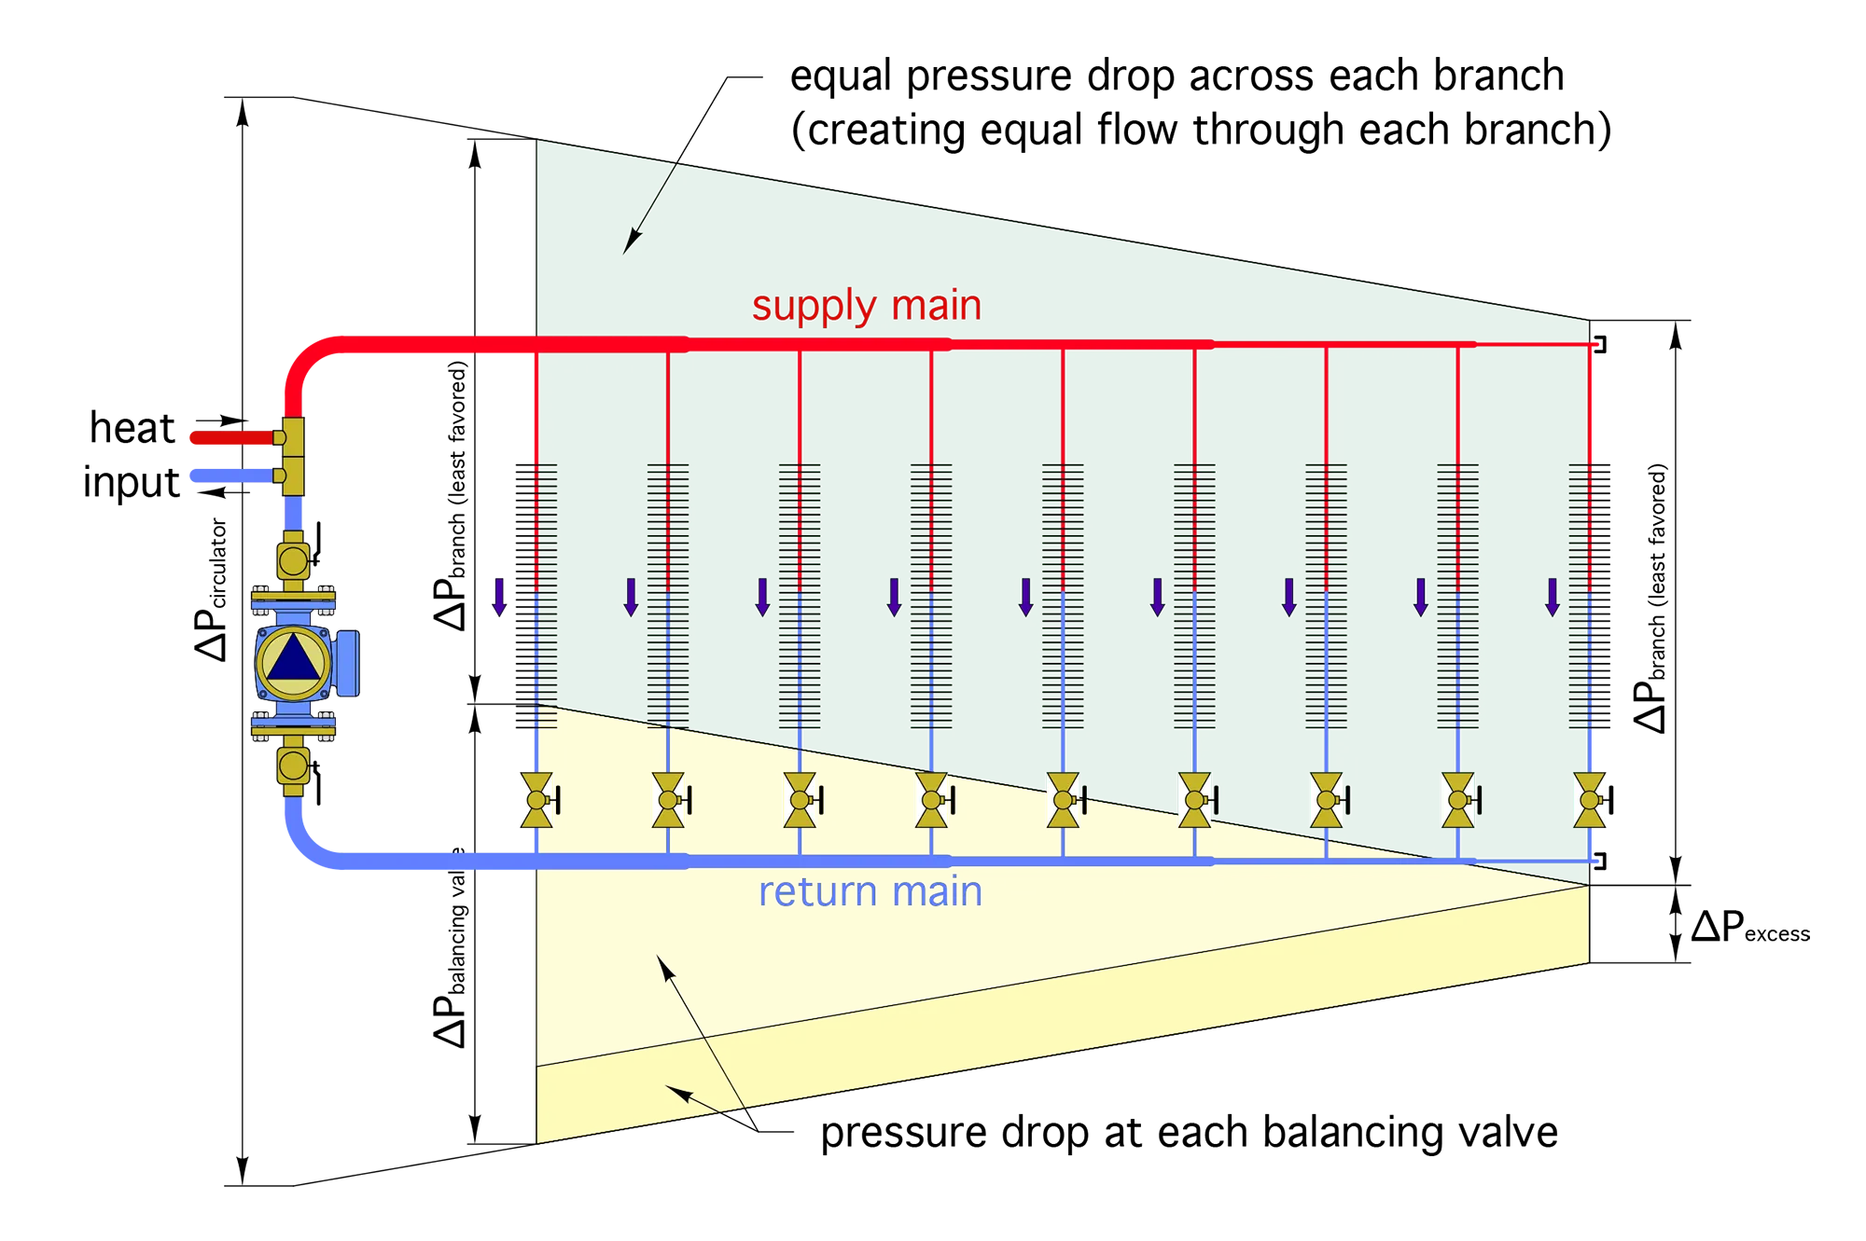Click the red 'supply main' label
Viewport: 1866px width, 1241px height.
[866, 306]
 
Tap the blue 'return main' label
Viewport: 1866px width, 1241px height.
[870, 892]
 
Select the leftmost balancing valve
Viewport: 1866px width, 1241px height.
[536, 800]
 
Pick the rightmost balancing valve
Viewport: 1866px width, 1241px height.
[1591, 800]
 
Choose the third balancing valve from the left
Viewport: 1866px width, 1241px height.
[800, 800]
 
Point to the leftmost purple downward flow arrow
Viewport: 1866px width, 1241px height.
[499, 597]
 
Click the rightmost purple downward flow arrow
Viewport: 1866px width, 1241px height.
[1553, 597]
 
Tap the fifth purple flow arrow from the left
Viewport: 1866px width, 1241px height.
[1025, 597]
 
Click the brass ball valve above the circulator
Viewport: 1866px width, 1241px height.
[293, 561]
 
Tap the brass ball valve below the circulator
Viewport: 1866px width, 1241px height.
[293, 765]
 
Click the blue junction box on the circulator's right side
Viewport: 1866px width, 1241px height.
[346, 663]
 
